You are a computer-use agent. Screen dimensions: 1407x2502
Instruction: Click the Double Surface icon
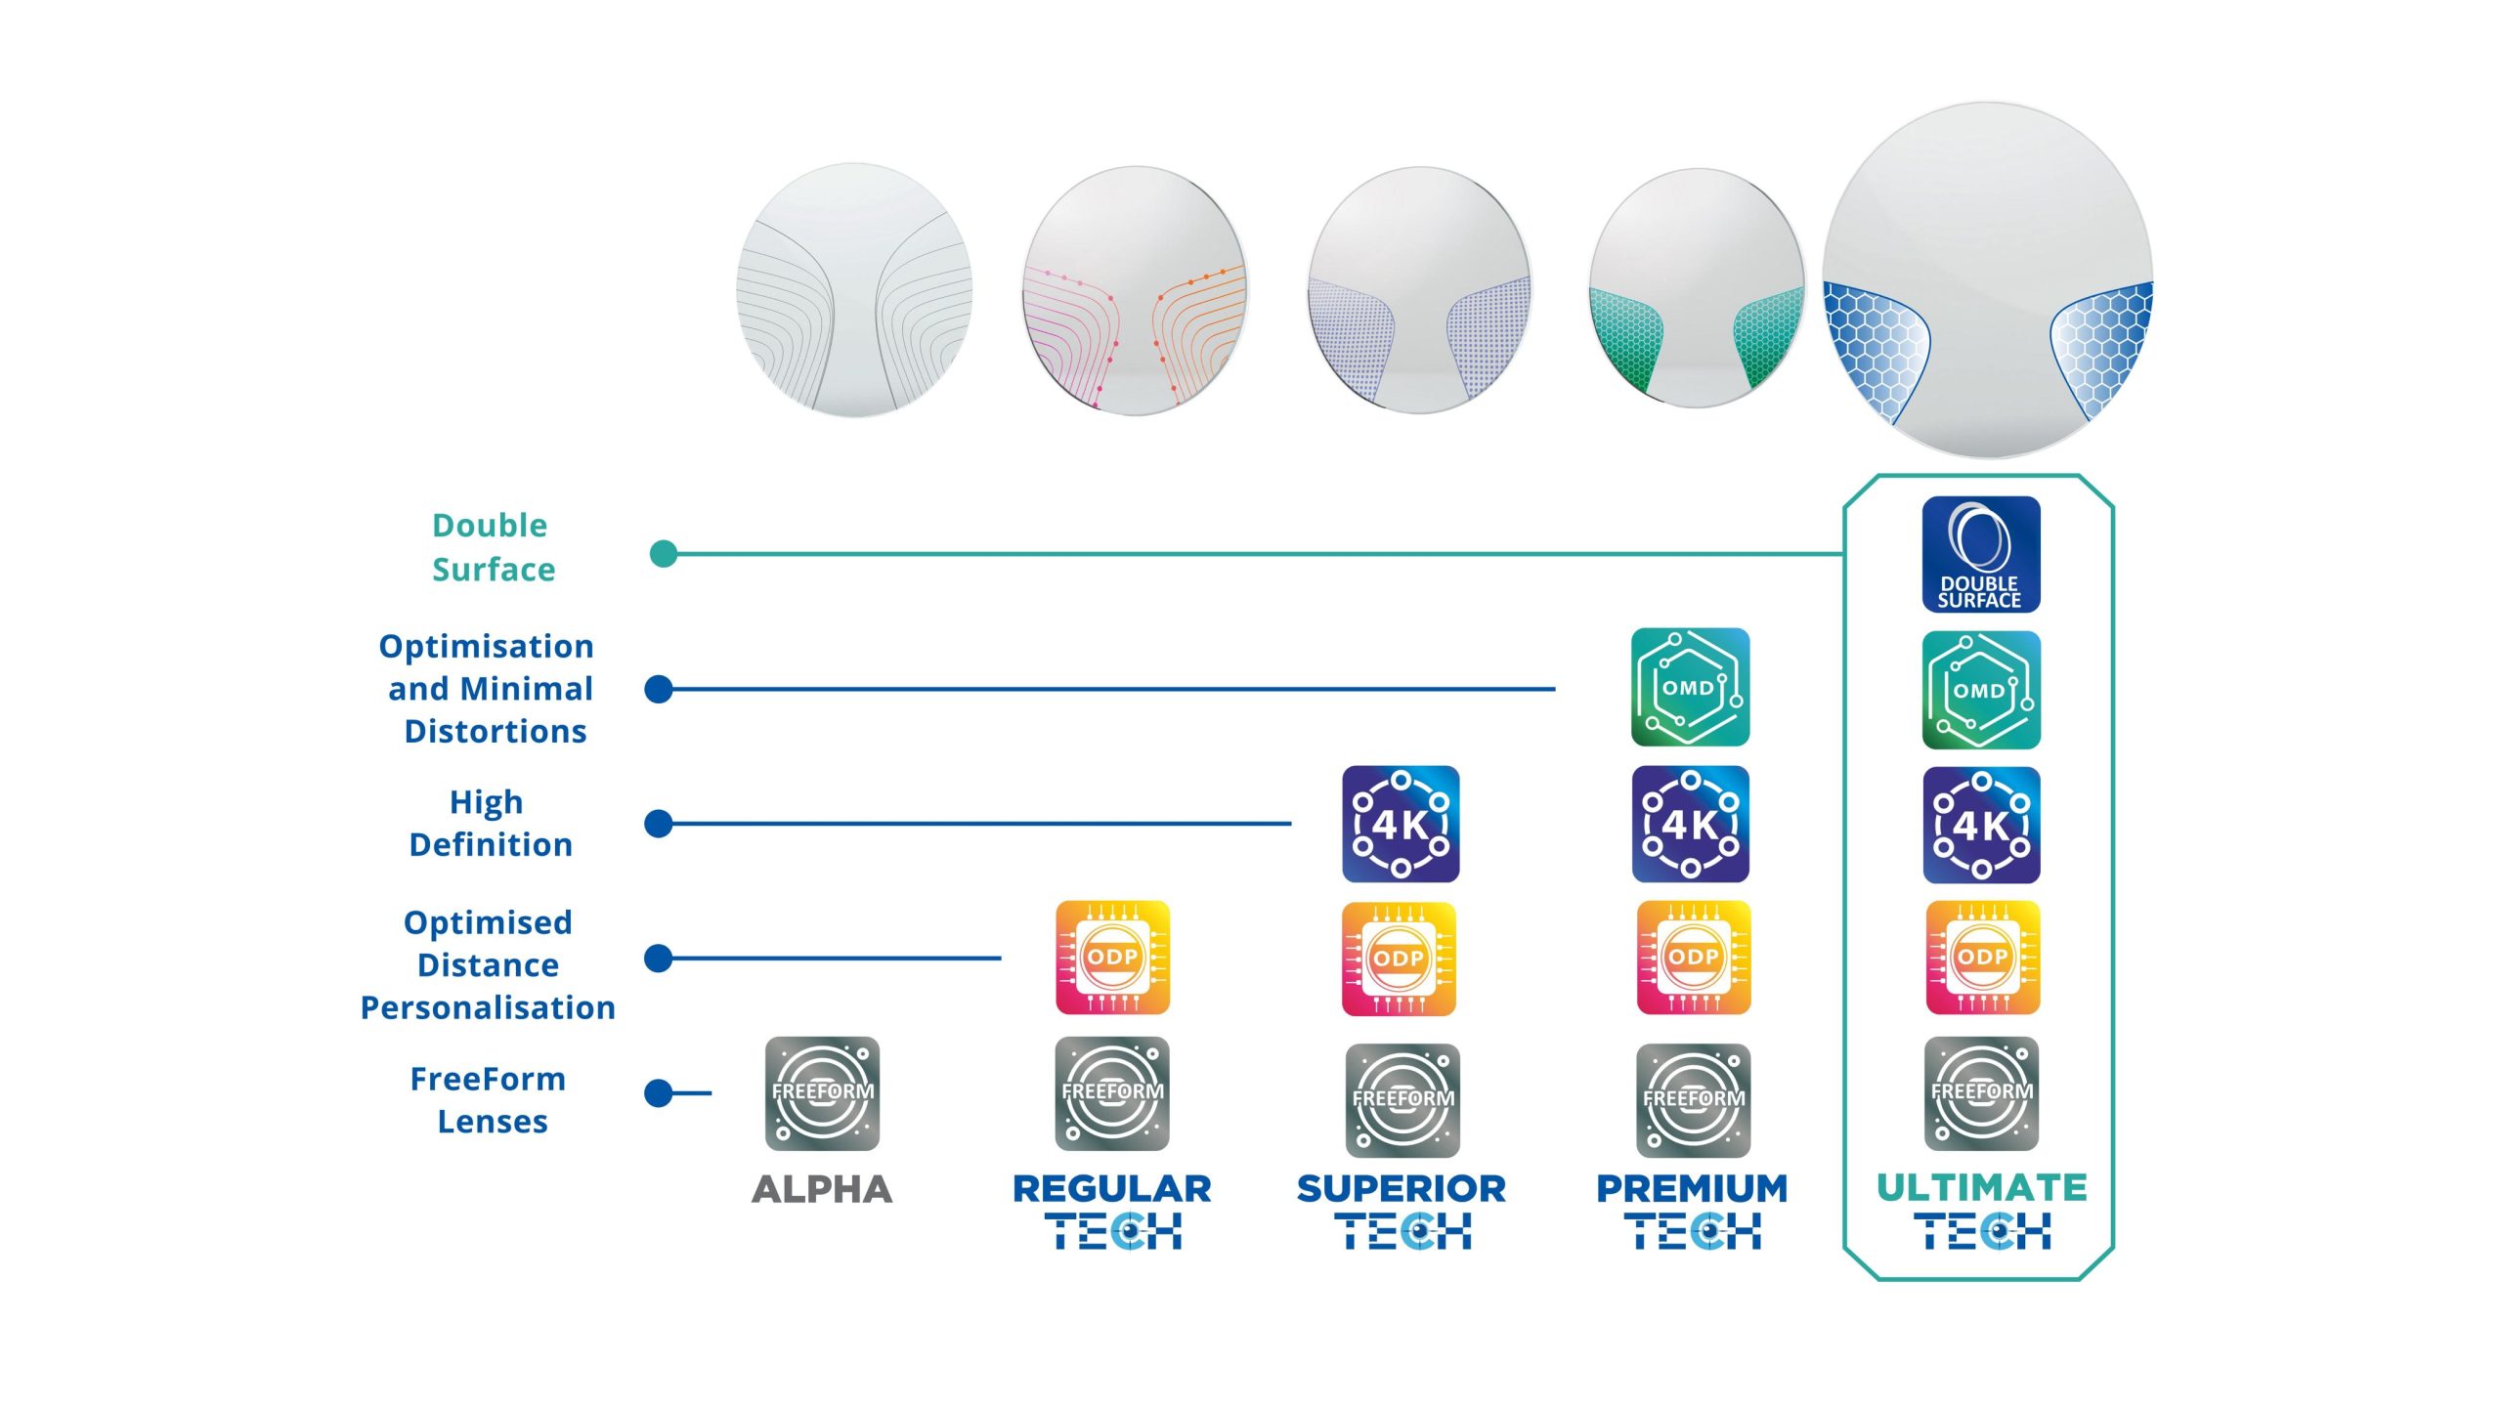(1980, 555)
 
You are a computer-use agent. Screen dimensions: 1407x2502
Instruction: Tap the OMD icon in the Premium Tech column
(1690, 687)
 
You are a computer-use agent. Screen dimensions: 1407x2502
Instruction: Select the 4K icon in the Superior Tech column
(1401, 824)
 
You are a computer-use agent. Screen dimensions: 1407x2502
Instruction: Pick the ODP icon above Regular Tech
(1112, 958)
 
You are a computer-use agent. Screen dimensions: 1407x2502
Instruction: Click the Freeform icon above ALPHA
(822, 1093)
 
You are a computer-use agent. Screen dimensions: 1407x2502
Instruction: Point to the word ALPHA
(822, 1189)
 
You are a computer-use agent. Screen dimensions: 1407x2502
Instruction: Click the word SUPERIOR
(1401, 1188)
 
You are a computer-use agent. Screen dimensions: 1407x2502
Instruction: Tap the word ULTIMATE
(1981, 1187)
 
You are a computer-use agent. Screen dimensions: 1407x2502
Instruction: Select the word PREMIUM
(1691, 1188)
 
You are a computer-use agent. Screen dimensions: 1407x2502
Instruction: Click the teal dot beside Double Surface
(664, 554)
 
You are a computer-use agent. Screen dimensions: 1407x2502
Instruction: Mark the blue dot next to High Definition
(659, 824)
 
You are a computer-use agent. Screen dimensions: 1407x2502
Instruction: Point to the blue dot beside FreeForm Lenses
(659, 1092)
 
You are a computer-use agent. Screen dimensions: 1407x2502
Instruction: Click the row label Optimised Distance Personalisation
(488, 964)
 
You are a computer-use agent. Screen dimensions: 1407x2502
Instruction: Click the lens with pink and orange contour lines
(1134, 291)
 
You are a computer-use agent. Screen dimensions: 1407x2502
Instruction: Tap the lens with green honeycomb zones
(1696, 287)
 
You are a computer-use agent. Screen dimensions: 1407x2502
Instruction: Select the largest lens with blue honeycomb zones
(1987, 279)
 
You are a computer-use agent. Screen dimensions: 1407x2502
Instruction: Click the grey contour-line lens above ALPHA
(854, 290)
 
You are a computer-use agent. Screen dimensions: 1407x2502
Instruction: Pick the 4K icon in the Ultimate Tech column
(1981, 825)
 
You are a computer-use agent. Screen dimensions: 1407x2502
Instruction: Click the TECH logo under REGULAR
(1112, 1231)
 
